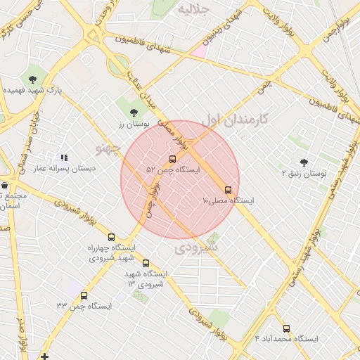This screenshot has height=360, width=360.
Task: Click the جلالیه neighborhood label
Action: point(194,10)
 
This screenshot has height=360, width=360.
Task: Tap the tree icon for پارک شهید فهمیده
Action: point(33,79)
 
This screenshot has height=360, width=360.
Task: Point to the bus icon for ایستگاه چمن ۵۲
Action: point(173,159)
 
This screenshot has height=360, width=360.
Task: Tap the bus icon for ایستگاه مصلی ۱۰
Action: point(227,190)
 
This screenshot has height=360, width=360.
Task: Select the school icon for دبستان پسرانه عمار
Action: point(64,158)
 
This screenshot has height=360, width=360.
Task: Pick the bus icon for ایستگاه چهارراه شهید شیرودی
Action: point(111,237)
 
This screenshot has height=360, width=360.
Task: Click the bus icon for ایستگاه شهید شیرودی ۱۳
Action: point(146,263)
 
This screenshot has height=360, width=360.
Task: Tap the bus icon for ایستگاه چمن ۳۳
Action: point(84,296)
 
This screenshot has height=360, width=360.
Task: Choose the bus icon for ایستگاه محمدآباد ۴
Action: point(285,328)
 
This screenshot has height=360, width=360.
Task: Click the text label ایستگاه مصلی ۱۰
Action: point(228,201)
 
